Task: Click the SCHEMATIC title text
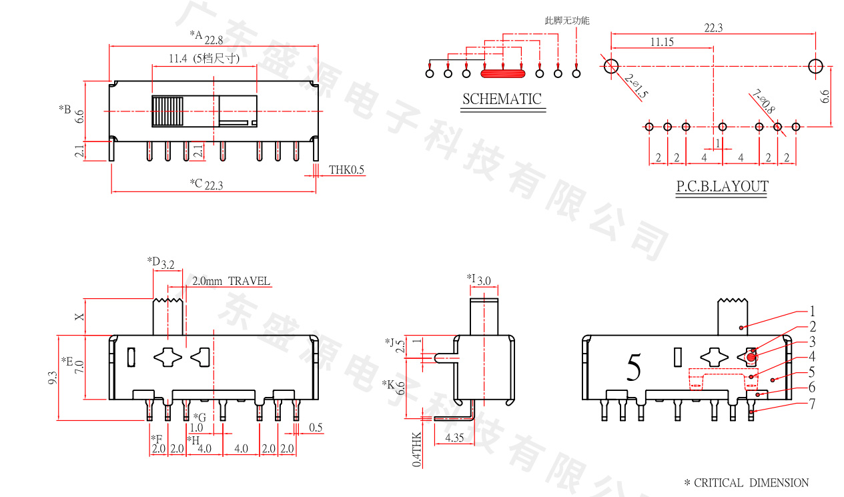[502, 99]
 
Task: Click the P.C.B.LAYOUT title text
[722, 187]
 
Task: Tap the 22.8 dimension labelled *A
[214, 40]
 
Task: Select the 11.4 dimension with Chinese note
[204, 59]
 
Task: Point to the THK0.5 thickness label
[347, 170]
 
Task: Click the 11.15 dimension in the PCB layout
[662, 42]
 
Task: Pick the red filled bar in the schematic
[503, 74]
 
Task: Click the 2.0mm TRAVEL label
[231, 281]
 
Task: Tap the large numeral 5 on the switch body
[634, 368]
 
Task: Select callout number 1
[813, 312]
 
